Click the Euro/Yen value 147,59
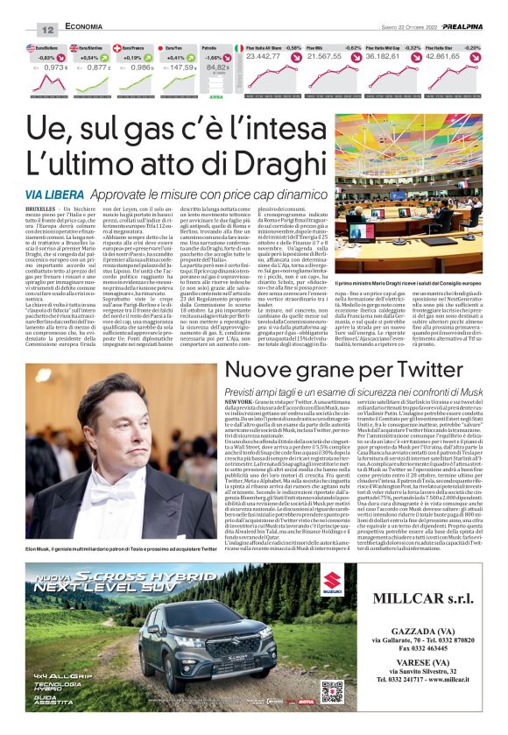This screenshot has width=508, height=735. (182, 66)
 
